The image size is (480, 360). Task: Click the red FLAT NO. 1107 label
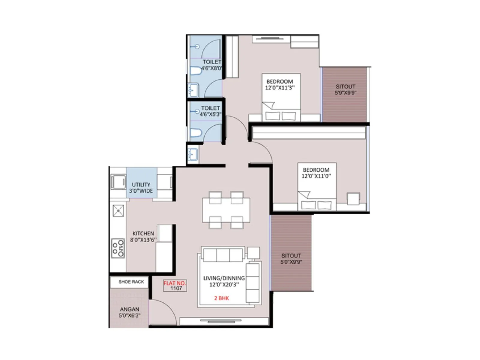pos(175,286)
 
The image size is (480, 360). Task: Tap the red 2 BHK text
pos(221,298)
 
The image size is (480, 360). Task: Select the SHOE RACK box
pos(131,282)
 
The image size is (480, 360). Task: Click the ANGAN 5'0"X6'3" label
pos(130,312)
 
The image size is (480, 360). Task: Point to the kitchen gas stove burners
pos(118,248)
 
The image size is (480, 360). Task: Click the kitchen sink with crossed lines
pos(118,211)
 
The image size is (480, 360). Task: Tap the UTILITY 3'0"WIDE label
pos(141,188)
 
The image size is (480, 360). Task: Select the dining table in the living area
pos(226,210)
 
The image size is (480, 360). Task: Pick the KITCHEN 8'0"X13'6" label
pos(143,237)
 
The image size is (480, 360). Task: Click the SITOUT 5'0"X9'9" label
pos(291,259)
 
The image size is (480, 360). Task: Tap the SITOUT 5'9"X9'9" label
pos(346,89)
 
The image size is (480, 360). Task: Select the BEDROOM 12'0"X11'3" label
pos(280,85)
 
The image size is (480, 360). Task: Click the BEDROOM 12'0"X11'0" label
pos(316,173)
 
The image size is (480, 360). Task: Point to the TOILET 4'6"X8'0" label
pos(212,65)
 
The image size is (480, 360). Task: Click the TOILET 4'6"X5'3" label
pos(210,111)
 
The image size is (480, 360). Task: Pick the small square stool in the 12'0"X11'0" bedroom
pos(353,199)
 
